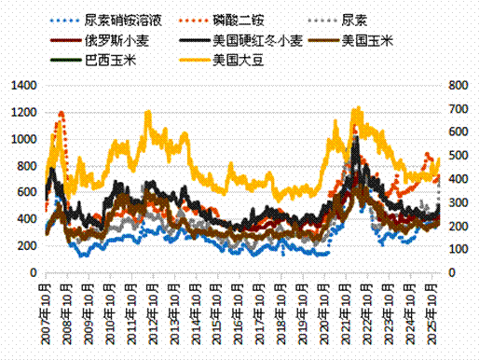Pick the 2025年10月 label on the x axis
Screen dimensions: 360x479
coord(433,308)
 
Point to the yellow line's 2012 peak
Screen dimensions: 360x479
coord(148,112)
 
